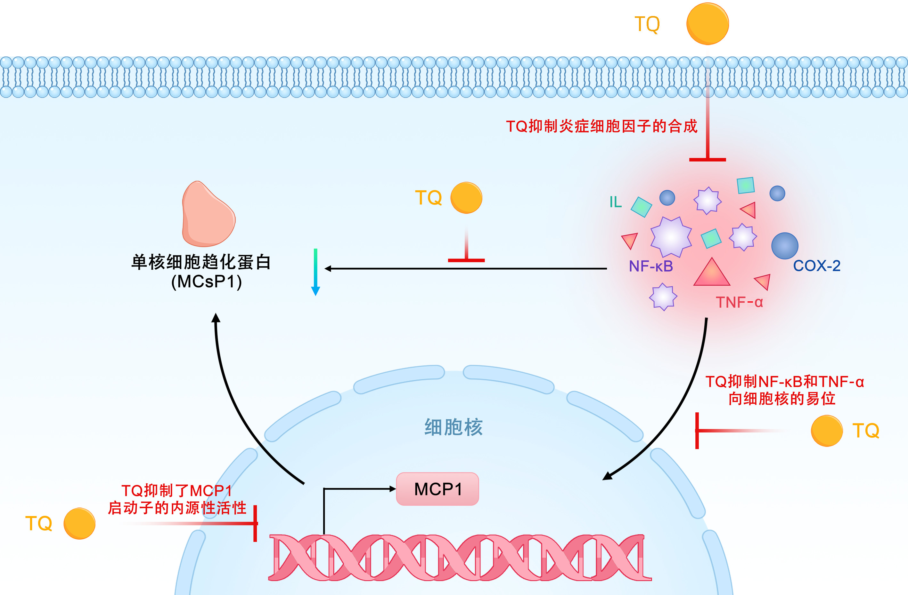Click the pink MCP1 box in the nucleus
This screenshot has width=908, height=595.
[x=437, y=489]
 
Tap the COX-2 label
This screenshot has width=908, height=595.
[x=816, y=266]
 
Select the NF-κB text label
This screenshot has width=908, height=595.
[x=650, y=266]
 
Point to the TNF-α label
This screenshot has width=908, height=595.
[x=739, y=302]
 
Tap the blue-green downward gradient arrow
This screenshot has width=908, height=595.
[x=315, y=271]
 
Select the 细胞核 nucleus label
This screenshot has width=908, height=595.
[x=453, y=427]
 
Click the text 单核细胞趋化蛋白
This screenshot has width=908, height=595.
[x=201, y=262]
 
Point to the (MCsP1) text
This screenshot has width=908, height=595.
[x=206, y=282]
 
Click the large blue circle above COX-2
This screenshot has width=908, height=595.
[x=784, y=246]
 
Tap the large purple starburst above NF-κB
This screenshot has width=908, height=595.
[x=671, y=237]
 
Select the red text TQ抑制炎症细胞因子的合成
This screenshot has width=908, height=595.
[x=601, y=126]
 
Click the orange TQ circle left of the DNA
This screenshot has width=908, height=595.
[x=79, y=523]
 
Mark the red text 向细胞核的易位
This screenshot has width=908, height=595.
[x=782, y=399]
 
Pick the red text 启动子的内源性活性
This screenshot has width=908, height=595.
[x=177, y=508]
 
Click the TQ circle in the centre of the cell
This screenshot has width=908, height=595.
[x=466, y=198]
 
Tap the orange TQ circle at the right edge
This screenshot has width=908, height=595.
[x=826, y=431]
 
